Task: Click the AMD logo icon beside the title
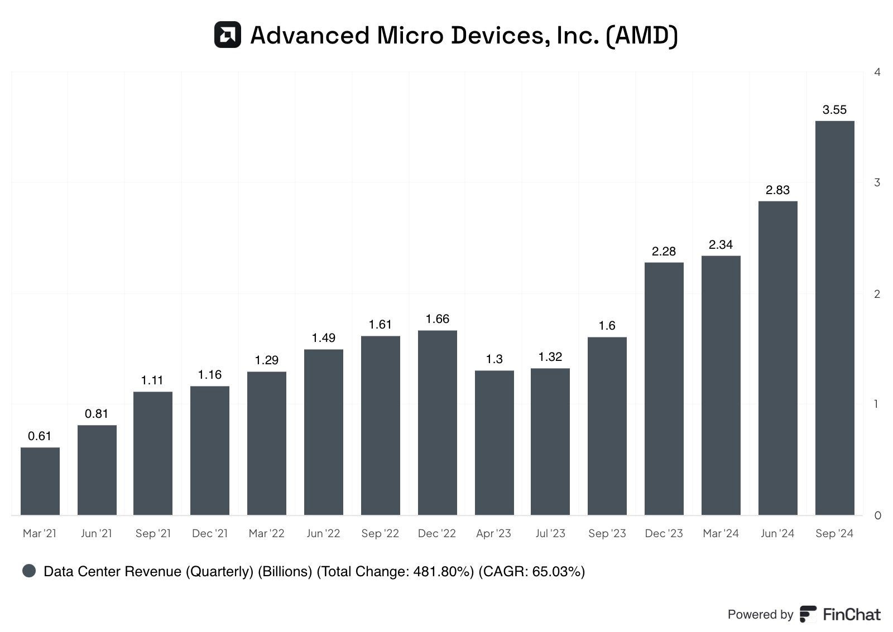(227, 35)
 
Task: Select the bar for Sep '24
(834, 318)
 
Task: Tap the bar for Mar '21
(40, 481)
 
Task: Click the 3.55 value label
(834, 110)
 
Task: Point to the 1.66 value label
(437, 319)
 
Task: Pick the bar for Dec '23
(664, 389)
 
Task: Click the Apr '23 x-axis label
(493, 533)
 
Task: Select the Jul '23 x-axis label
(550, 533)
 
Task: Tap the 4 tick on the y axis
(877, 73)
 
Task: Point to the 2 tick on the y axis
(877, 294)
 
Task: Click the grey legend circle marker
(29, 571)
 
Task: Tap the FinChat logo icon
(808, 614)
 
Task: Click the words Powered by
(760, 614)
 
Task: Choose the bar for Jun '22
(323, 432)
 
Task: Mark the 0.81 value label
(97, 413)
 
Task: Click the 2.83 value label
(777, 190)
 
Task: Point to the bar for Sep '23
(607, 426)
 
